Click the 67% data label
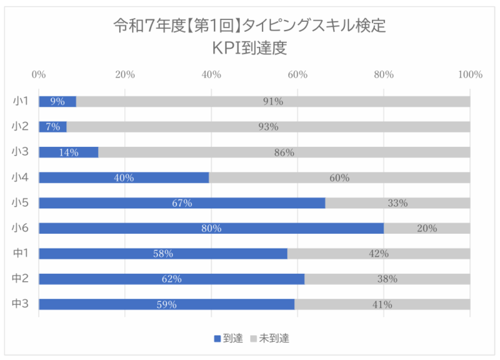(182, 203)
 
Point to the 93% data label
(268, 127)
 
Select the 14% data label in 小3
(69, 152)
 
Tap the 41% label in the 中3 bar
(382, 305)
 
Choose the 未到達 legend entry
(269, 338)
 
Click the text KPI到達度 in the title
(250, 48)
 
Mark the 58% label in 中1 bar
(163, 254)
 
